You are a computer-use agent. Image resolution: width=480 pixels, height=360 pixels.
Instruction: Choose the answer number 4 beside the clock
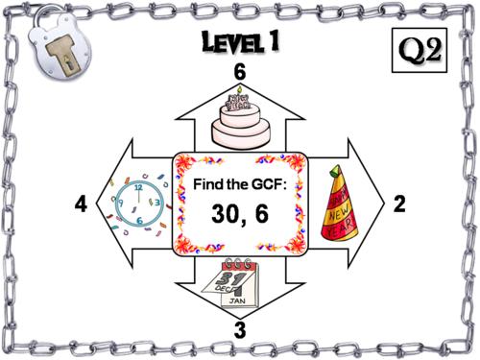tap(81, 204)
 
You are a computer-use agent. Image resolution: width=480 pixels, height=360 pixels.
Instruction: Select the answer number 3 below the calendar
tap(239, 326)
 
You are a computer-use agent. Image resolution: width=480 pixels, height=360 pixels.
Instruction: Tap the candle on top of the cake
tap(238, 90)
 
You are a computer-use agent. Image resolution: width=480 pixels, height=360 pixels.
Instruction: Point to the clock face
tap(140, 203)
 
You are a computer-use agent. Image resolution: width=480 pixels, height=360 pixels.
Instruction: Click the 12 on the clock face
tap(138, 186)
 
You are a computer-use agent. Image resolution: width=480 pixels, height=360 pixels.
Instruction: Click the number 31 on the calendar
tap(228, 279)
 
